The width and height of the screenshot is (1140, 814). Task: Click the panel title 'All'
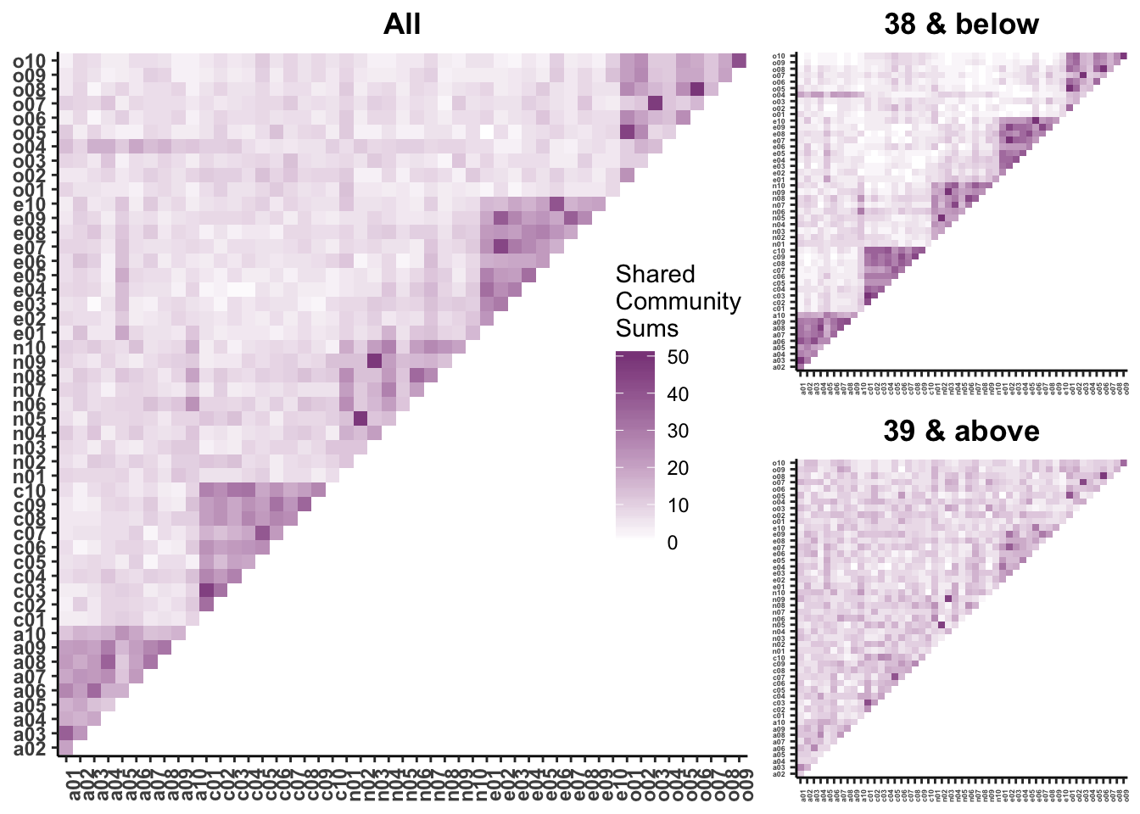pos(401,24)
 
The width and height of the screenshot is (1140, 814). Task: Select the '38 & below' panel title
pos(961,24)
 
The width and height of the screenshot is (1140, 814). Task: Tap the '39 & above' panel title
pos(961,431)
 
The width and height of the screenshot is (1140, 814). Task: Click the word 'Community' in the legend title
pos(678,301)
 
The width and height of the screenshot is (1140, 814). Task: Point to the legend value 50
pos(678,358)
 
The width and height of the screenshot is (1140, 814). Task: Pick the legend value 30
pos(678,431)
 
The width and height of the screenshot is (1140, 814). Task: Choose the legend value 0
pos(673,543)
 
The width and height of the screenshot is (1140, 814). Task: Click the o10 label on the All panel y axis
pos(34,60)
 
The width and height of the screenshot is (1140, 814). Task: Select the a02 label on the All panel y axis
pos(34,748)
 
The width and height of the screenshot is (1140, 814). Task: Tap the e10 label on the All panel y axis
pos(34,203)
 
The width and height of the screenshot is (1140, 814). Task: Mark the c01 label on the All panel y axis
pos(34,619)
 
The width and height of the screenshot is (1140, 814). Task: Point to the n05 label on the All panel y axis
pos(34,418)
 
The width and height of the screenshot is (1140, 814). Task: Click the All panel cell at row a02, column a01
pos(65,748)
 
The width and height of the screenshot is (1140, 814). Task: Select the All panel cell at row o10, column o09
pos(739,60)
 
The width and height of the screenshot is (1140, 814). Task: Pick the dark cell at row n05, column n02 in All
pos(360,418)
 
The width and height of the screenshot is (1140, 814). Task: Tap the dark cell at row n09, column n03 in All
pos(374,361)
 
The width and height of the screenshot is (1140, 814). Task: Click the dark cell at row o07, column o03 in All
pos(655,103)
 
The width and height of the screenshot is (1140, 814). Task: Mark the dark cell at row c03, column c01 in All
pos(205,590)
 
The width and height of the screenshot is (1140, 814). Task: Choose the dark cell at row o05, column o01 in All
pos(627,132)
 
